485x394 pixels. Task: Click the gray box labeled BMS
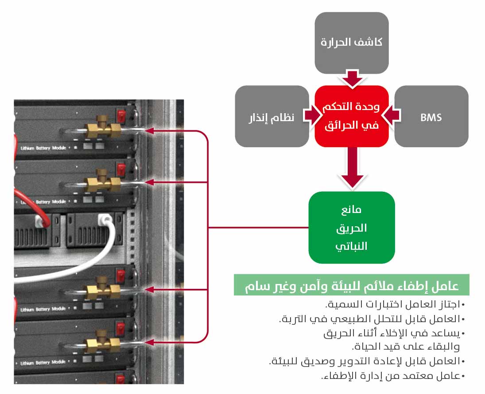(x=431, y=117)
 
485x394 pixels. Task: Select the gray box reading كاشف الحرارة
(x=351, y=43)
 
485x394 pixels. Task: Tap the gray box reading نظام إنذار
(x=272, y=117)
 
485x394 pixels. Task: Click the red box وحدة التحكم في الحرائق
(x=351, y=116)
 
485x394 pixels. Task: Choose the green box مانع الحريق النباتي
(x=351, y=228)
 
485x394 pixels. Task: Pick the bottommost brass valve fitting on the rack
(x=103, y=343)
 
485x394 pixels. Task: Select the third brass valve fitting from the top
(x=103, y=290)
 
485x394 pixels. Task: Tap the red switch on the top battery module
(x=120, y=117)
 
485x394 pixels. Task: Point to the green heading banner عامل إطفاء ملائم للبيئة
(x=351, y=285)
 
